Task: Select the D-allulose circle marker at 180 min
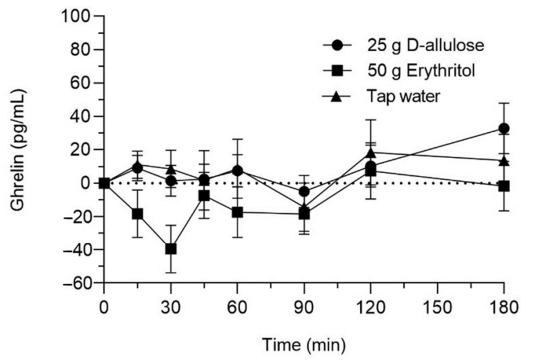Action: pos(504,129)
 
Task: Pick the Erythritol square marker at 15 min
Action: pos(138,214)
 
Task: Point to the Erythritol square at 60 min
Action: pos(238,212)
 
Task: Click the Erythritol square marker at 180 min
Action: pos(504,186)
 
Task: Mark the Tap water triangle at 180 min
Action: pos(504,160)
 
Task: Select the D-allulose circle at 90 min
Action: pos(304,192)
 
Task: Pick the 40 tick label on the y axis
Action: pos(79,117)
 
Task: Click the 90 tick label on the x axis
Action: pos(304,308)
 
